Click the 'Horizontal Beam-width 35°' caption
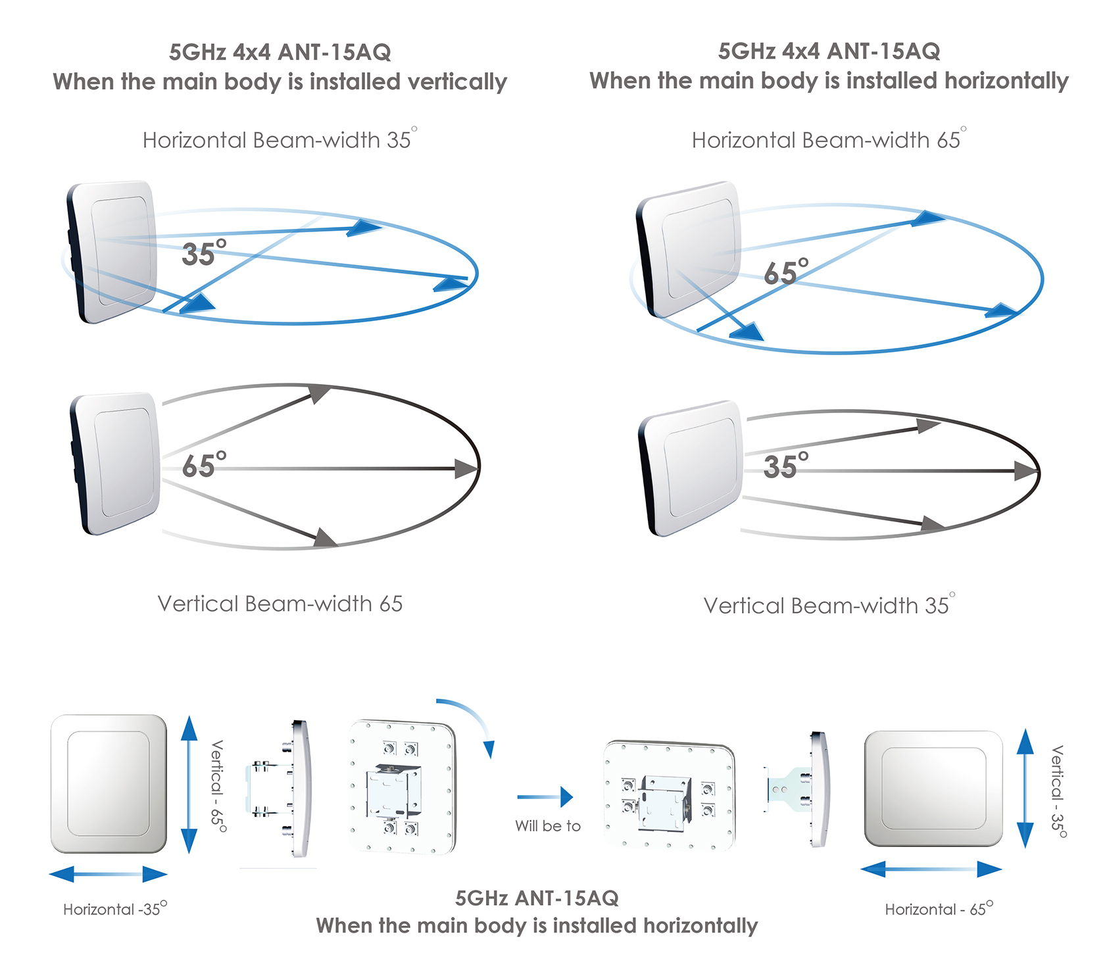[x=279, y=140]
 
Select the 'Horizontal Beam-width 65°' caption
[x=828, y=140]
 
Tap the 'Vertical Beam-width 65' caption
[x=280, y=604]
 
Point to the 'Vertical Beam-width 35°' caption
[x=828, y=605]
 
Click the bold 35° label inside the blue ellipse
[x=203, y=254]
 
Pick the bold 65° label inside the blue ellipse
[x=785, y=272]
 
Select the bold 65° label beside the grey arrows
[x=203, y=466]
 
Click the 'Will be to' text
[x=548, y=826]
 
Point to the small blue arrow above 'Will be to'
[x=545, y=797]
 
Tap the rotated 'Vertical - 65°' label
[x=218, y=787]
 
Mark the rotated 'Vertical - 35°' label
[x=1057, y=791]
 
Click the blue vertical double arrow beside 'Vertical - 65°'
[x=189, y=785]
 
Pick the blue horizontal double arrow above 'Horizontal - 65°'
[x=931, y=869]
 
